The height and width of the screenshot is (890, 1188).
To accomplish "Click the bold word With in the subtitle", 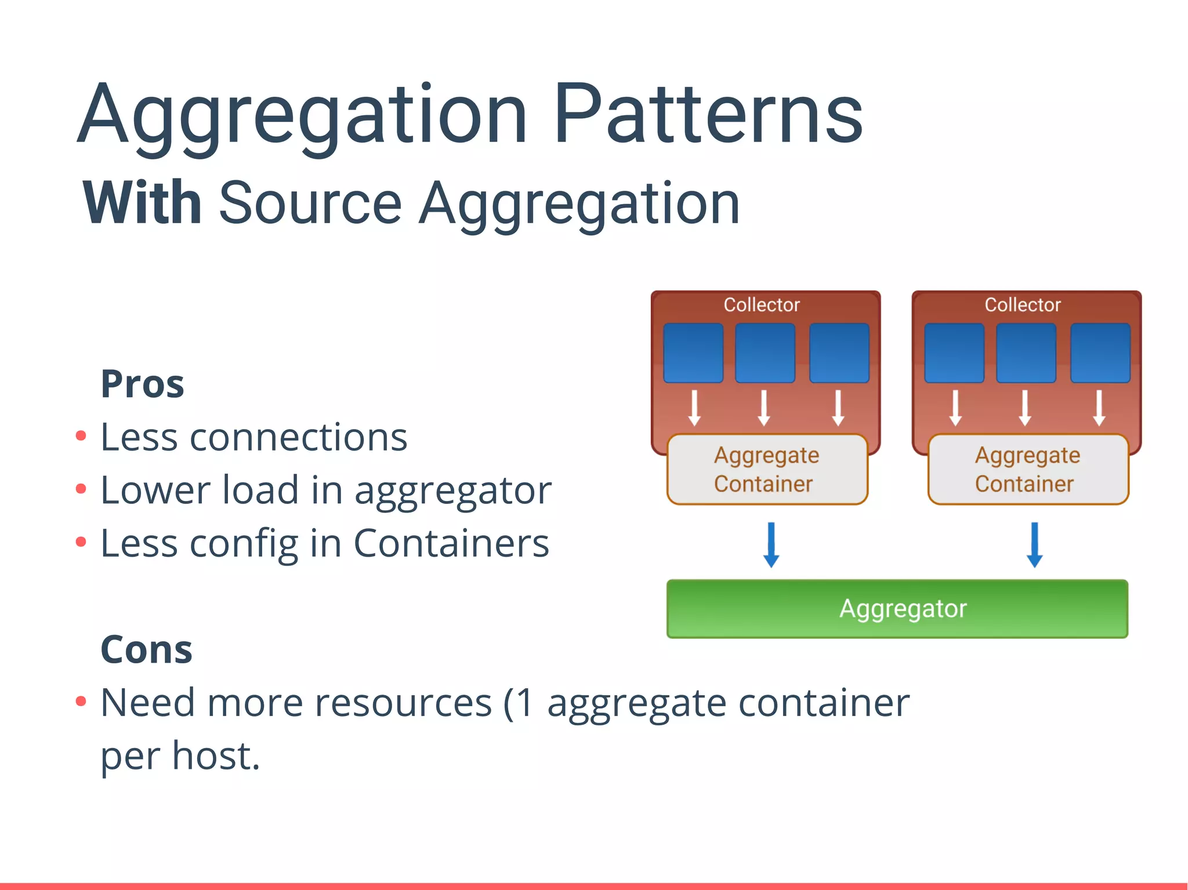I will [142, 203].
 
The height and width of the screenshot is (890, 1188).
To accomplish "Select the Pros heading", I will [142, 384].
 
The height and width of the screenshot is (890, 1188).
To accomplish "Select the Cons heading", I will [146, 649].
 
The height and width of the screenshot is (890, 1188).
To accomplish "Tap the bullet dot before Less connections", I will [81, 435].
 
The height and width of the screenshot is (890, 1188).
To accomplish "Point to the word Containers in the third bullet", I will [451, 543].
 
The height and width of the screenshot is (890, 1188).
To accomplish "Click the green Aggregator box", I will [897, 609].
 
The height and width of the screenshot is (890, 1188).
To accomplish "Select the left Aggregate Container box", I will [767, 470].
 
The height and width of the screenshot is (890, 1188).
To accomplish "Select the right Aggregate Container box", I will [1028, 470].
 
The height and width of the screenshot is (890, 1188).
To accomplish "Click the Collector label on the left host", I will [762, 305].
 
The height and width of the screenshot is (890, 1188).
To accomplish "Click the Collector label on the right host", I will [1023, 305].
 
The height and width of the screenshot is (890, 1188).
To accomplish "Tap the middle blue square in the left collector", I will [765, 353].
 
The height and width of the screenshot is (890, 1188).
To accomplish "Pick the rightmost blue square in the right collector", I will [1100, 353].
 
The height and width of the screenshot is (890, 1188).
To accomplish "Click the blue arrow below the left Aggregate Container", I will [771, 545].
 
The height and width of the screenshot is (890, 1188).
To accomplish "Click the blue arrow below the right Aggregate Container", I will [1034, 545].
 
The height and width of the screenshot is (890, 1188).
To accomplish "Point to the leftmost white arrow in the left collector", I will [694, 408].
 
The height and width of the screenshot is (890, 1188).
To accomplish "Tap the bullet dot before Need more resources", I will [81, 702].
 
